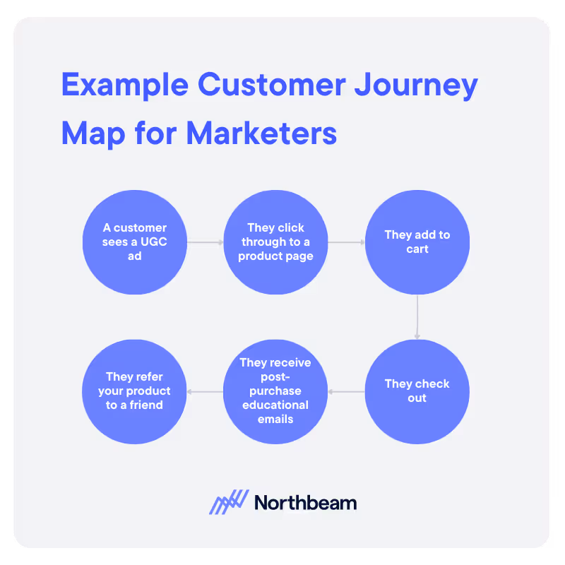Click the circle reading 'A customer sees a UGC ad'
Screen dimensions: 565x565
[134, 242]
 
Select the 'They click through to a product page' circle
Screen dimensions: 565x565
[275, 242]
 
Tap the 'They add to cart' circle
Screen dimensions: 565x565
[417, 242]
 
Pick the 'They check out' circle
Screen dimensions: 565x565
[417, 391]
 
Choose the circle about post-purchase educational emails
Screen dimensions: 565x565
[275, 391]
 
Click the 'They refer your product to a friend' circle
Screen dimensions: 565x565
[134, 391]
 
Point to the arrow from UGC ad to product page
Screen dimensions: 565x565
[205, 242]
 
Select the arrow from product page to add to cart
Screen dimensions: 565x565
[346, 242]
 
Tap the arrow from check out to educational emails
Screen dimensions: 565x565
[346, 391]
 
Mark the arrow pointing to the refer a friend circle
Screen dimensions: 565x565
[205, 391]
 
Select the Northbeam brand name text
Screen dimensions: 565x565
[305, 503]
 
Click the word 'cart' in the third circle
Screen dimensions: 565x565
[417, 249]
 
